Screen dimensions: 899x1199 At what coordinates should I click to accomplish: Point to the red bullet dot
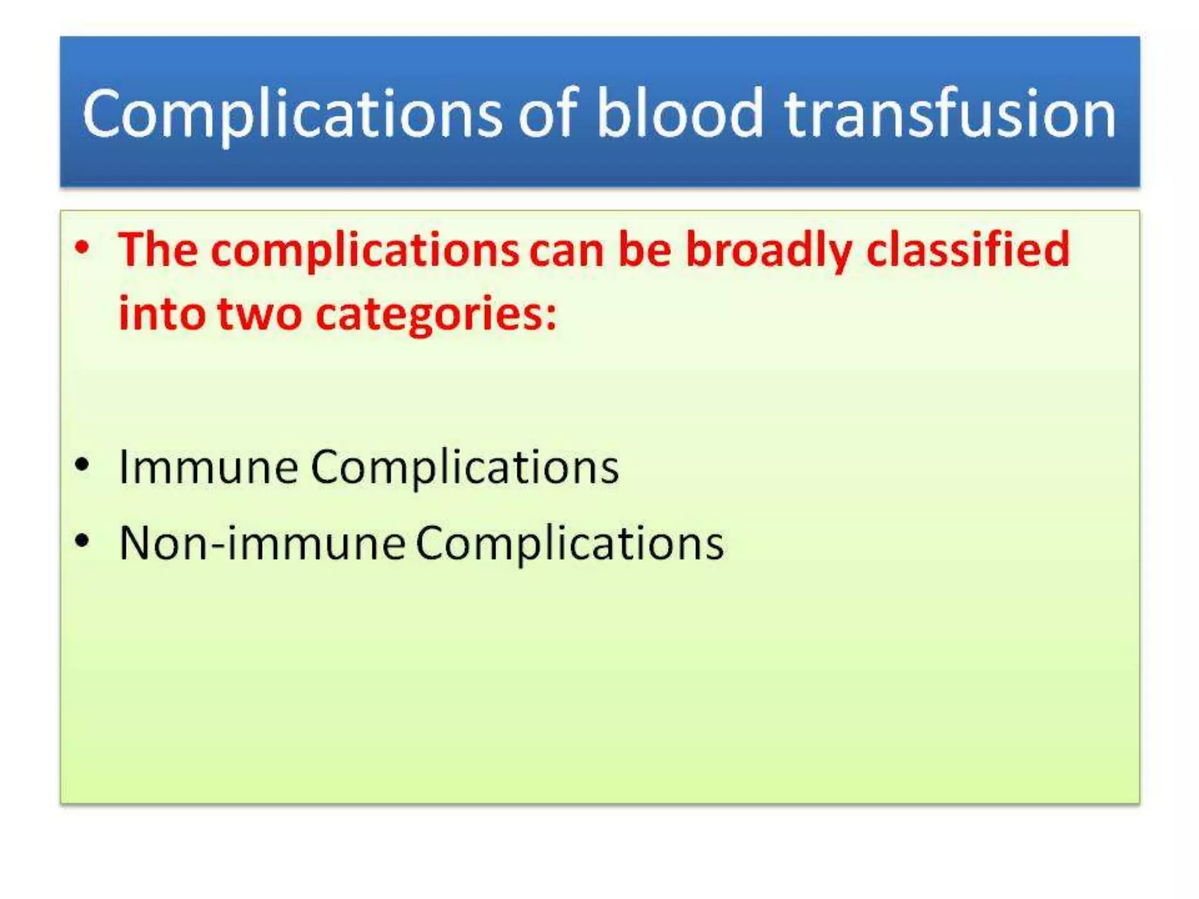[x=83, y=247]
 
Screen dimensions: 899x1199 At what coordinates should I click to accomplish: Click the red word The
[x=157, y=250]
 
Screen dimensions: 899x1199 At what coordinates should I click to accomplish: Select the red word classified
[x=968, y=250]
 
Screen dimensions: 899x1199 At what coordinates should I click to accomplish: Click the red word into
[x=162, y=314]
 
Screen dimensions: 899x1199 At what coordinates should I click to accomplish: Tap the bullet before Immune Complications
[x=83, y=465]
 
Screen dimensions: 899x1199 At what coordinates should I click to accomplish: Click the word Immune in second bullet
[x=208, y=467]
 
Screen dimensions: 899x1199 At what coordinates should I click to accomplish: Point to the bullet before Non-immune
[x=83, y=541]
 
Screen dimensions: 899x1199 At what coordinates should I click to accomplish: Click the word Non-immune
[x=262, y=544]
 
